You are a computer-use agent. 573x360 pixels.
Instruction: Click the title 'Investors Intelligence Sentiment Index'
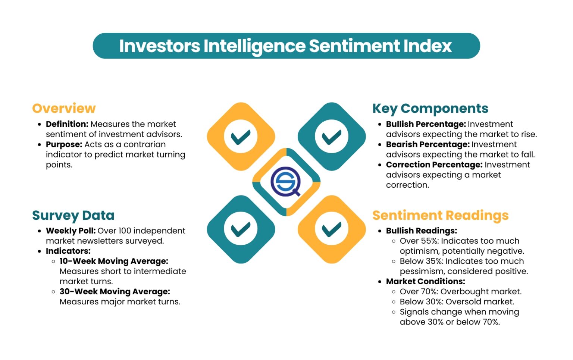point(286,46)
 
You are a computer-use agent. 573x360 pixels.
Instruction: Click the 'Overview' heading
point(64,108)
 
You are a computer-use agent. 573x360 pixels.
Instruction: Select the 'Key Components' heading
point(430,108)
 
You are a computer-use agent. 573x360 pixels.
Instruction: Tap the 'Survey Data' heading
point(73,215)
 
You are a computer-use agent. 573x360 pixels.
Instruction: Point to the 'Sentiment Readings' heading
point(440,215)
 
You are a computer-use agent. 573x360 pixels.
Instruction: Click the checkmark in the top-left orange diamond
point(241,137)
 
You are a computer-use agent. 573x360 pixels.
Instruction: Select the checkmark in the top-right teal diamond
point(332,137)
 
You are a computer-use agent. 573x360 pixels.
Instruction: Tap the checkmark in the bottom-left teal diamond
point(241,229)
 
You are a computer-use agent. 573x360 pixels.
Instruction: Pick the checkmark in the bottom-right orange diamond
point(332,229)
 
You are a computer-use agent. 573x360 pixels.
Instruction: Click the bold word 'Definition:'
point(67,124)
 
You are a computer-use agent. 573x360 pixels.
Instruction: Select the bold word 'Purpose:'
point(64,144)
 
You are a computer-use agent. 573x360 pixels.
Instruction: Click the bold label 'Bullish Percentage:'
point(426,124)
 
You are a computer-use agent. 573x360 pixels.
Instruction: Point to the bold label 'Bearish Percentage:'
point(428,144)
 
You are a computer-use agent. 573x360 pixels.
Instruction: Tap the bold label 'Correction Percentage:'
point(434,165)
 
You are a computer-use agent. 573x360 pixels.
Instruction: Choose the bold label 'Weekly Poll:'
point(71,231)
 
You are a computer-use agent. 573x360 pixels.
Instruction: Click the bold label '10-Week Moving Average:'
point(114,261)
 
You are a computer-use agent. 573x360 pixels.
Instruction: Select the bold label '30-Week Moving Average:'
point(115,291)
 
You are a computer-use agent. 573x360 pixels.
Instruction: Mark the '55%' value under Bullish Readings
point(429,241)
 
